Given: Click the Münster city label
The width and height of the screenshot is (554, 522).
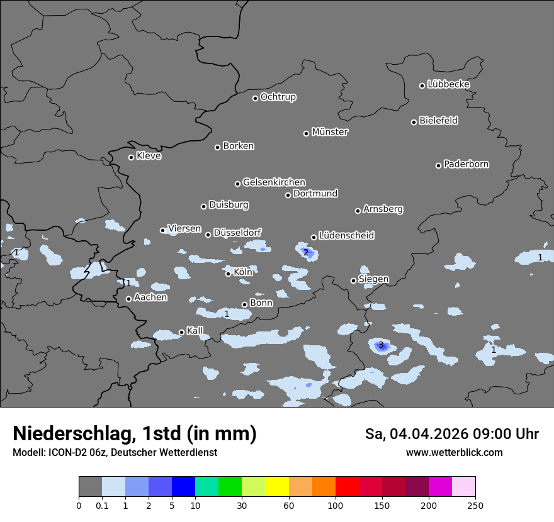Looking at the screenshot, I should coord(329,132).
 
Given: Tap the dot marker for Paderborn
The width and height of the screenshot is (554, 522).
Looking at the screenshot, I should coord(439,165).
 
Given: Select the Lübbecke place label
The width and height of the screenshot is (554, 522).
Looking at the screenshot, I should coord(448,84).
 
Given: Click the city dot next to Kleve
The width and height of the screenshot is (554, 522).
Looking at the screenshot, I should coord(132,157).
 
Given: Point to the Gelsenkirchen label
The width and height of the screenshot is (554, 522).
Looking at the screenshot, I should coord(274,182).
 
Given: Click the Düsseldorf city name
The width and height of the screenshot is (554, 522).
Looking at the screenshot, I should coord(237,233).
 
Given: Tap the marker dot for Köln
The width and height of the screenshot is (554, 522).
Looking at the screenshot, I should coord(229,274).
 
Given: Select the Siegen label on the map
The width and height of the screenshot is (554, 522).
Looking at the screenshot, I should coord(373,279).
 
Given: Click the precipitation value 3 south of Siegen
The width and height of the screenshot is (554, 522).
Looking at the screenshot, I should coord(381,345).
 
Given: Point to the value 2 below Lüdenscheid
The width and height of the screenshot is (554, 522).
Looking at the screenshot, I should coord(306,253).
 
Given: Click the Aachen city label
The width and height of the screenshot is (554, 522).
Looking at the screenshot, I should coord(150,297).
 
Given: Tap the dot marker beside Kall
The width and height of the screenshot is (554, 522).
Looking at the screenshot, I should coord(181,332).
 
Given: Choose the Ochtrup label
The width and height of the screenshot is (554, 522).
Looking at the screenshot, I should coord(278,97).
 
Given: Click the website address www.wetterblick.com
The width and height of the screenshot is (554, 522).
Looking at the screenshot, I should coord(454,452).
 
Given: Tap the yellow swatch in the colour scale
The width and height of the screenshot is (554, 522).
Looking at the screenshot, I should coord(277,487).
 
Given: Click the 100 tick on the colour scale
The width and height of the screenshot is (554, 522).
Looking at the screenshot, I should coord(336,504).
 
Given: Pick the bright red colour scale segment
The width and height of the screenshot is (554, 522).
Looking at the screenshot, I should coord(347,487).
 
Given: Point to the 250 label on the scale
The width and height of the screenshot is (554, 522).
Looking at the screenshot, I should coord(475,504).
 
